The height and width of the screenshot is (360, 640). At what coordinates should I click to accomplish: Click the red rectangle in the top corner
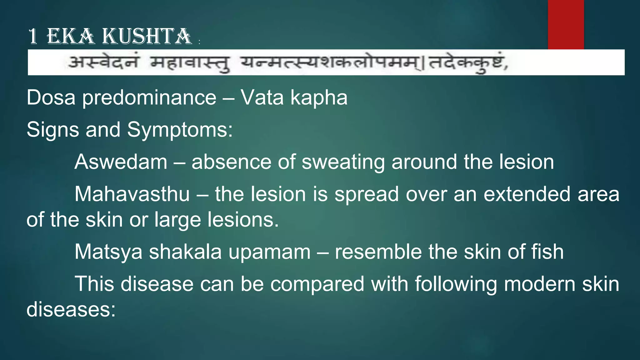(566, 24)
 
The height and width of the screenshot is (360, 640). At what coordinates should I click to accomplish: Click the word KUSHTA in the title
(147, 36)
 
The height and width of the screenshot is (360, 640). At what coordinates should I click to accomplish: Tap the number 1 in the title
(32, 36)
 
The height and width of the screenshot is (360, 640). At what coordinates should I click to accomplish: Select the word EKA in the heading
(70, 36)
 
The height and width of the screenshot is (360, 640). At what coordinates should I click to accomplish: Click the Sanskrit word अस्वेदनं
(103, 62)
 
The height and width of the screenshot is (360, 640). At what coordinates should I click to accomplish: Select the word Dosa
(51, 97)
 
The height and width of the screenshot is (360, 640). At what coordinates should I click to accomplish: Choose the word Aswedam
(121, 162)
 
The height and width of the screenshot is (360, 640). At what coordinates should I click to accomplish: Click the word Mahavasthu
(132, 194)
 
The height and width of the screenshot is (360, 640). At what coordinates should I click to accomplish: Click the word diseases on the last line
(71, 309)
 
